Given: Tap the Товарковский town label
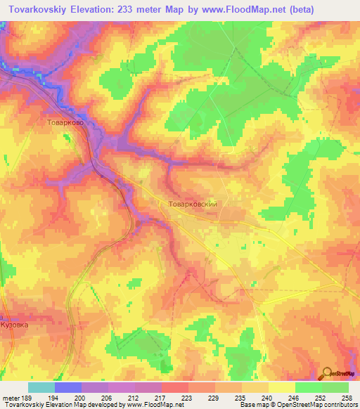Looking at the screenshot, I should [196, 203].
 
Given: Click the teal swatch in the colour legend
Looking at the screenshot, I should [41, 387].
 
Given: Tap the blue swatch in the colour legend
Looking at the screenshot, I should [68, 387].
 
